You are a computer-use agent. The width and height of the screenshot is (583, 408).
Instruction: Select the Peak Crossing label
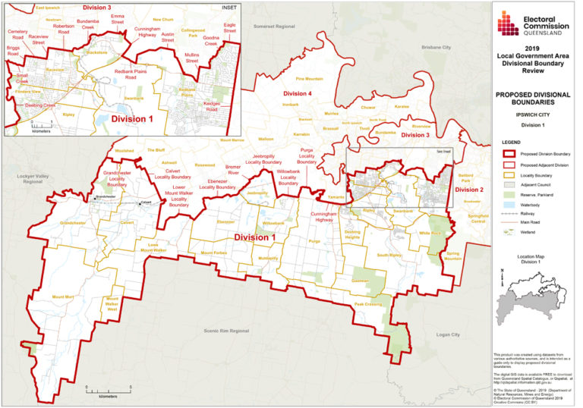tap(368, 304)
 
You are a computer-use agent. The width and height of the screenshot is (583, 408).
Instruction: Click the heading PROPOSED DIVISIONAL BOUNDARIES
tap(532, 99)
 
